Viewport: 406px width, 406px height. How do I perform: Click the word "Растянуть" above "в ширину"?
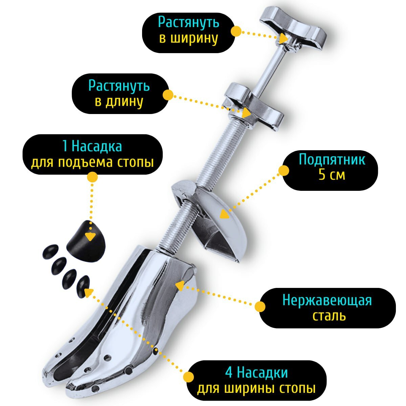tap(189, 23)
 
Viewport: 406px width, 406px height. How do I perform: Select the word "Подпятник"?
tap(332, 159)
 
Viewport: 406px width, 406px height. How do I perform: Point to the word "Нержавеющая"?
tap(327, 300)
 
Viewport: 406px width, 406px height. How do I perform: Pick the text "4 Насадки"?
tap(256, 373)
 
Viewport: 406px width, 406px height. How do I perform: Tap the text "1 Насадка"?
tap(92, 147)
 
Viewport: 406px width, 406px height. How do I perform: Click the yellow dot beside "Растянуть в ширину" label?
tap(236, 31)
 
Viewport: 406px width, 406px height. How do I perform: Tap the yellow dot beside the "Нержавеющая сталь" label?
tap(260, 307)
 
